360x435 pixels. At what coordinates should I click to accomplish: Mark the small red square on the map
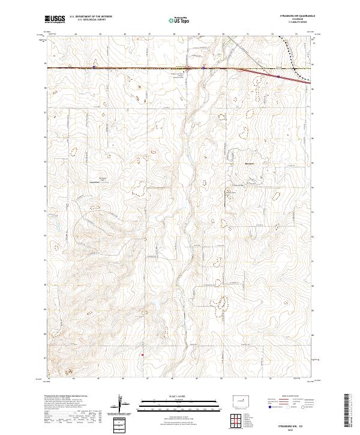pyautogui.click(x=142, y=355)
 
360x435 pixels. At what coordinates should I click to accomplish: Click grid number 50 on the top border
pyautogui.click(x=223, y=34)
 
